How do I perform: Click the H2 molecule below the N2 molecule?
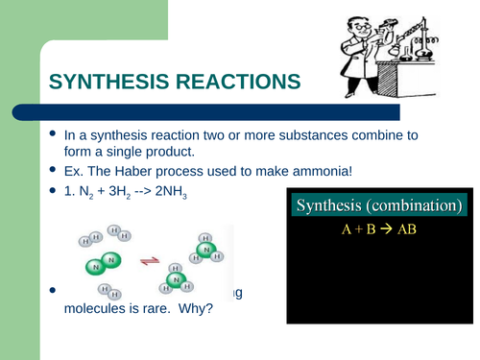tap(108, 291)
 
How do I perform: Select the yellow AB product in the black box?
tap(405, 229)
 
